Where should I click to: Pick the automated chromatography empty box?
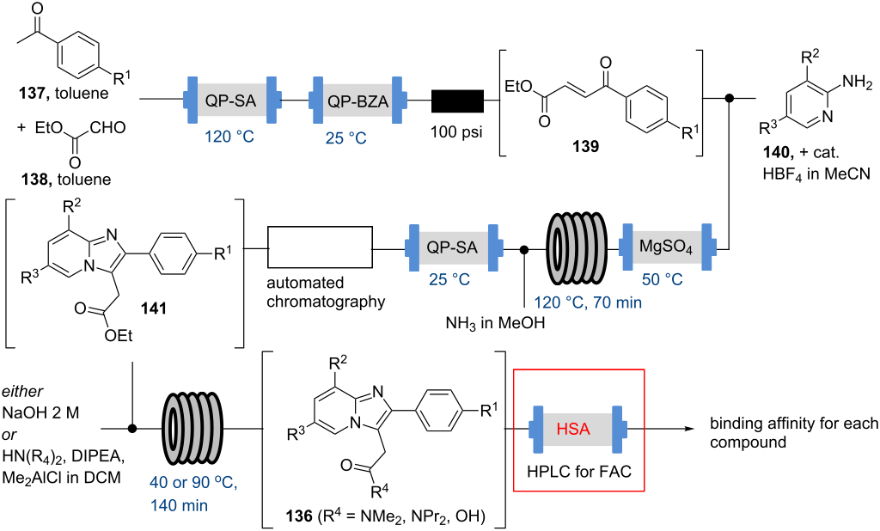(319, 249)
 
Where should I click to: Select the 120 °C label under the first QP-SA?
(229, 136)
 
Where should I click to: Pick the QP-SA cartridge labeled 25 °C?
(453, 249)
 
